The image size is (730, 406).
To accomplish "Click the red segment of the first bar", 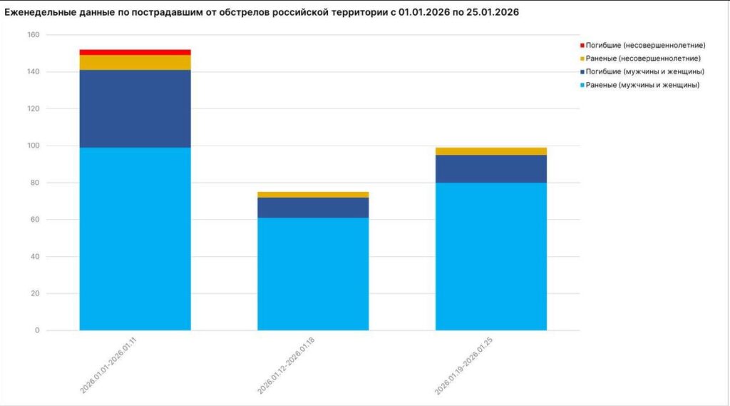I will [135, 52].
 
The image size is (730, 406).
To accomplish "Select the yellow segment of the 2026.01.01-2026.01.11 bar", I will [135, 62].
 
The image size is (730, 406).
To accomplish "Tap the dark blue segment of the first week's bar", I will [135, 108].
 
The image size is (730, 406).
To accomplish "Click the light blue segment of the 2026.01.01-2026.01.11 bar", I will [135, 238].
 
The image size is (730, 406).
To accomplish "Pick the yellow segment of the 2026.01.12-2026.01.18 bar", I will [313, 194].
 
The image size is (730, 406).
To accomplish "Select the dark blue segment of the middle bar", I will [313, 207].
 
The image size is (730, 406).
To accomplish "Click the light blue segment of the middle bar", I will [313, 274].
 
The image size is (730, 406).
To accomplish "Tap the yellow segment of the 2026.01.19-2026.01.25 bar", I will [490, 151].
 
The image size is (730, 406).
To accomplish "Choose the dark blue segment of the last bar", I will [490, 168].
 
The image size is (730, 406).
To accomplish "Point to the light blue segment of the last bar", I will [490, 257].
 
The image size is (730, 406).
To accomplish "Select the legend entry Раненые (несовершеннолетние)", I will [642, 59].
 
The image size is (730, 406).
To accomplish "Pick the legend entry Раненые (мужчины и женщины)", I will [642, 85].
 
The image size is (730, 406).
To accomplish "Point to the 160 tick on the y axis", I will [34, 35].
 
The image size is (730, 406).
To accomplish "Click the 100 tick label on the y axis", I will [34, 146].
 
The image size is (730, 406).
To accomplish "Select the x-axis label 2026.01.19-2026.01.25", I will [464, 368].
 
